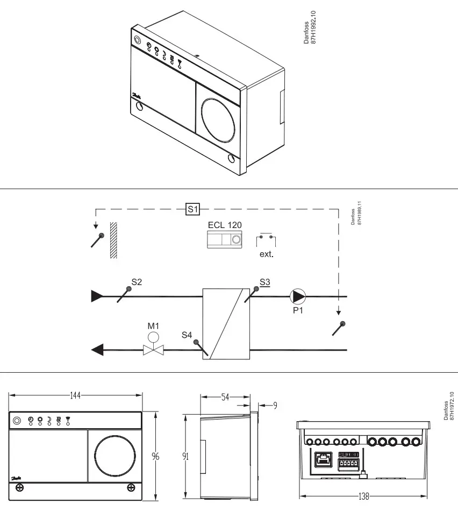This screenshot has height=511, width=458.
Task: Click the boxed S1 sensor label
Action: click(192, 209)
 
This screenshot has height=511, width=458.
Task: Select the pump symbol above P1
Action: click(298, 296)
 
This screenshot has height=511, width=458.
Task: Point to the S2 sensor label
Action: click(137, 282)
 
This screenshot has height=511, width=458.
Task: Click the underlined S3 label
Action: click(265, 281)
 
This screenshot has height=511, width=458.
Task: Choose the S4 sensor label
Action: click(187, 335)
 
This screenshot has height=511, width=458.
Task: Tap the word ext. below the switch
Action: click(267, 254)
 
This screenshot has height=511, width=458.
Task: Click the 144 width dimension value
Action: click(75, 395)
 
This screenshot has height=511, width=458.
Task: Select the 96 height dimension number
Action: click(155, 457)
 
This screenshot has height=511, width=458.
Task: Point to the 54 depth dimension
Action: click(226, 397)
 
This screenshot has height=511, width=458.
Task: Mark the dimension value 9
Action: click(275, 405)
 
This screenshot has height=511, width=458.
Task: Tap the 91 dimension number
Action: click(185, 457)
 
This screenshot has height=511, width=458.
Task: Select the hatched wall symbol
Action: click(113, 240)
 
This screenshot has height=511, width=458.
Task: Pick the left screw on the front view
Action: click(20, 487)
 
